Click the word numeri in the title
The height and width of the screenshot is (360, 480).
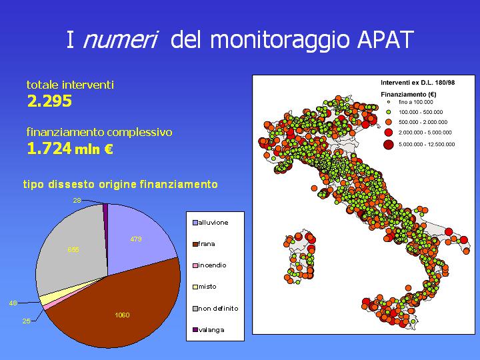tap(119, 41)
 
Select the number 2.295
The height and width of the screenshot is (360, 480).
tap(49, 101)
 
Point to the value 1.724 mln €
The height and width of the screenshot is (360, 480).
tap(70, 149)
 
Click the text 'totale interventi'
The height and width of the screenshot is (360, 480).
tap(70, 85)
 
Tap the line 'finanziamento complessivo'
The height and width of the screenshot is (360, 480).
tap(99, 132)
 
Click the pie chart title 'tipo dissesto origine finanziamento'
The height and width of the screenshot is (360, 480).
tap(120, 184)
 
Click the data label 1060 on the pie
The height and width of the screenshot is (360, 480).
tap(122, 315)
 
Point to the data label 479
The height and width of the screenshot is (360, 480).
tap(136, 239)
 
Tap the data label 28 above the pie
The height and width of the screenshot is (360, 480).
tap(77, 200)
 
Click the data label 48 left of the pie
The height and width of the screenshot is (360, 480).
tap(13, 303)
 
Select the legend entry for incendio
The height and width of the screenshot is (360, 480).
tap(212, 265)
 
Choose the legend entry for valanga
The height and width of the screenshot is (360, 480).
tap(211, 329)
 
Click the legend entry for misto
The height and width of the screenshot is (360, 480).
tap(207, 287)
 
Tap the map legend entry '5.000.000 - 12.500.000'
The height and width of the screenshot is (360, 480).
tap(427, 144)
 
